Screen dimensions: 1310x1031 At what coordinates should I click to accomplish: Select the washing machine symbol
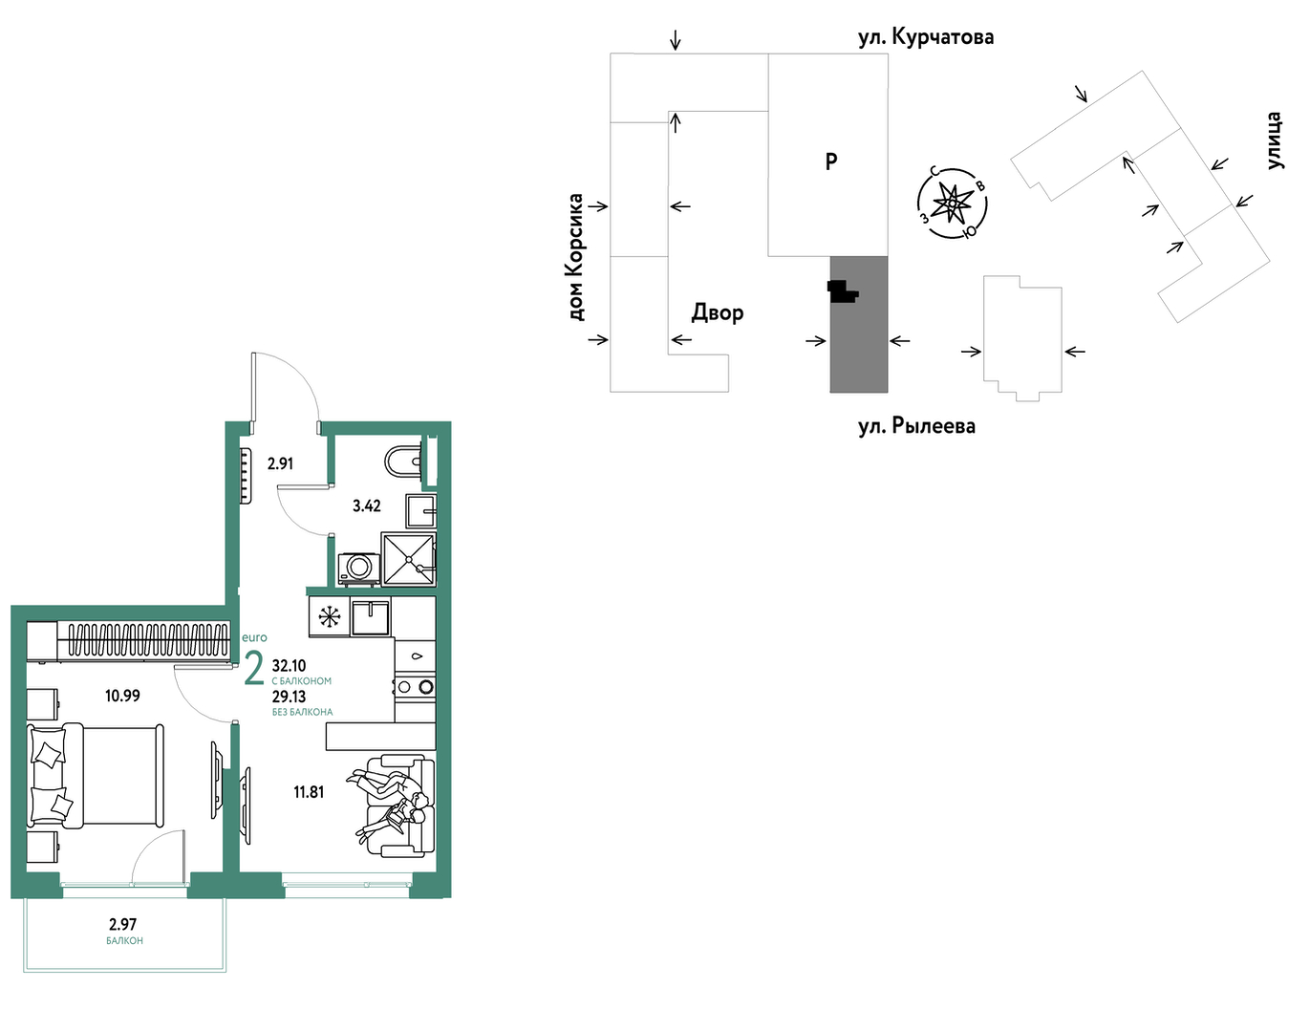tap(359, 569)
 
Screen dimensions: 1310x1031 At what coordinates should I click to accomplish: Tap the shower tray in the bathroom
tap(408, 559)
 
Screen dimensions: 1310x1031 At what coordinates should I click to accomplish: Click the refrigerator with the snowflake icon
tap(330, 617)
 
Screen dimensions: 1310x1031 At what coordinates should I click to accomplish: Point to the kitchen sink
tap(371, 617)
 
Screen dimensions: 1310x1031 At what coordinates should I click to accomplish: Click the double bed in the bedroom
tap(96, 776)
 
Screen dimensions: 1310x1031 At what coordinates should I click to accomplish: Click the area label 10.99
tap(122, 696)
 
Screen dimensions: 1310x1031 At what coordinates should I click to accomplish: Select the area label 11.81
tap(309, 792)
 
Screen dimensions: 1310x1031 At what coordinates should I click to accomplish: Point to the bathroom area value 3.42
tap(367, 505)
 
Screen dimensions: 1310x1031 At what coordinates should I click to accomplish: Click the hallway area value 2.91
tap(280, 464)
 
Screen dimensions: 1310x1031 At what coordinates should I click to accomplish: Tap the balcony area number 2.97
tap(123, 924)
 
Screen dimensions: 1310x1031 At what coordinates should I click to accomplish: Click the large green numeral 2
tap(254, 669)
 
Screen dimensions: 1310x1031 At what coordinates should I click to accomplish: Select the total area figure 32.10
tap(290, 666)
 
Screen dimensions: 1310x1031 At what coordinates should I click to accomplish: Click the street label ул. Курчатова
tap(926, 37)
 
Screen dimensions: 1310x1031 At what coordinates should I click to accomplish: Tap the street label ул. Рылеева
tap(916, 425)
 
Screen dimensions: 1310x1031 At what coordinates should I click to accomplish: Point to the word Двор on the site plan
tap(718, 313)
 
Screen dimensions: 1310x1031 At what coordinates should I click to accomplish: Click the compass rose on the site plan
tap(951, 204)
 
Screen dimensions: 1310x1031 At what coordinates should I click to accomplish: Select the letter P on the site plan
tap(831, 161)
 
